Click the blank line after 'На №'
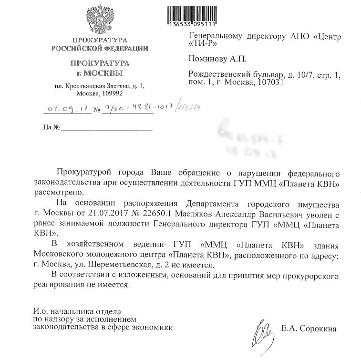[107, 128]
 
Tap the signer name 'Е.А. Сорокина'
[309, 329]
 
